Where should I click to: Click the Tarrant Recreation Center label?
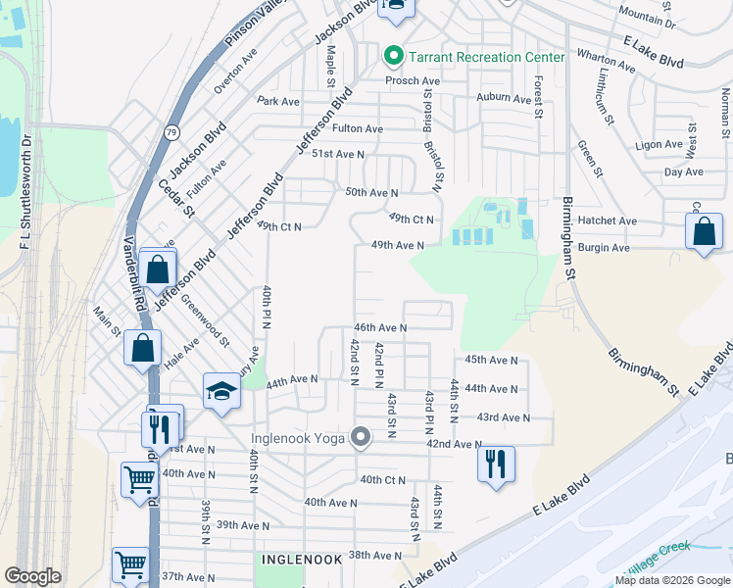pos(486,57)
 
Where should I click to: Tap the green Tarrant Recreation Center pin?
pos(394,56)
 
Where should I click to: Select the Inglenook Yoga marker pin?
pos(361,437)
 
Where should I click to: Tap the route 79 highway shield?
pos(172,132)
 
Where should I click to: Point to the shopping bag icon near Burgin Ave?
pos(705,232)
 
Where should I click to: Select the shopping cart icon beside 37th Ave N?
pos(130,563)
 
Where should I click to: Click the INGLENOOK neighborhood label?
pos(302,559)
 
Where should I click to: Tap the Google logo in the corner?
pos(33,576)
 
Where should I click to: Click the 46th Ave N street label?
pos(380,327)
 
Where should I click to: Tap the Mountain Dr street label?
pos(648,16)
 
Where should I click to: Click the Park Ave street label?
pos(278,101)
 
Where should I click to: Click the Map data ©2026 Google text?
pos(672,580)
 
